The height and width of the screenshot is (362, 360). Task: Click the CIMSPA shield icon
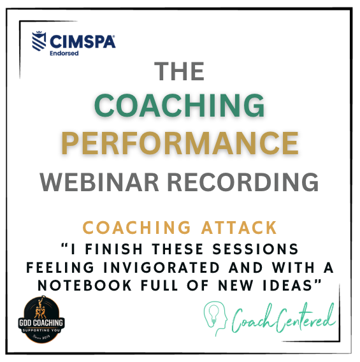click(x=41, y=42)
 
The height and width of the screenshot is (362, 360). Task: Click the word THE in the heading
click(x=180, y=72)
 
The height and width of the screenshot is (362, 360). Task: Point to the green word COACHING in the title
click(x=180, y=105)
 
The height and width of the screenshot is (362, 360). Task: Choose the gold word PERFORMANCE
click(x=180, y=141)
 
